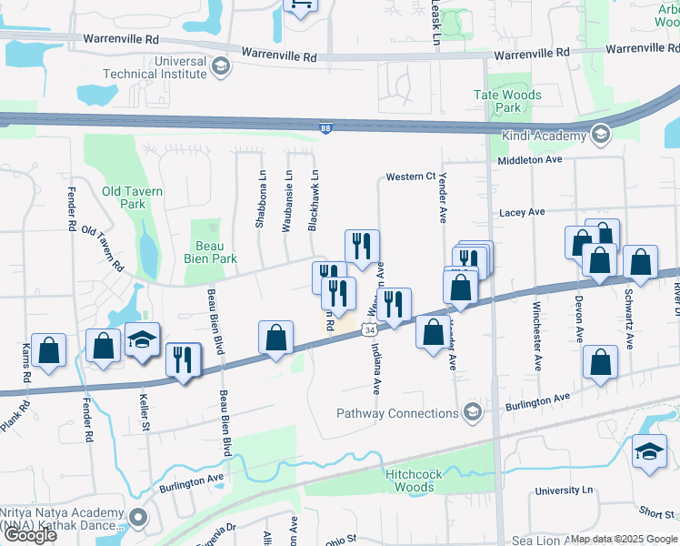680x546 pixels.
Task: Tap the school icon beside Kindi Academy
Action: tap(599, 136)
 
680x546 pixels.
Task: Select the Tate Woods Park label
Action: tap(508, 101)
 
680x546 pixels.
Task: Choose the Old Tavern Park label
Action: tap(133, 197)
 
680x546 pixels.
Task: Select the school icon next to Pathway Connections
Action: tap(471, 414)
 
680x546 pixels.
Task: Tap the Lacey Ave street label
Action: tap(522, 212)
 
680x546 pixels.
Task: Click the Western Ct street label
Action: tap(411, 177)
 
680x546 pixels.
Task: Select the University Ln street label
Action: tap(564, 490)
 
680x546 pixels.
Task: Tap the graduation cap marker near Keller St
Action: tap(142, 340)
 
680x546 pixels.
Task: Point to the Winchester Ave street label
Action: tap(537, 323)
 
